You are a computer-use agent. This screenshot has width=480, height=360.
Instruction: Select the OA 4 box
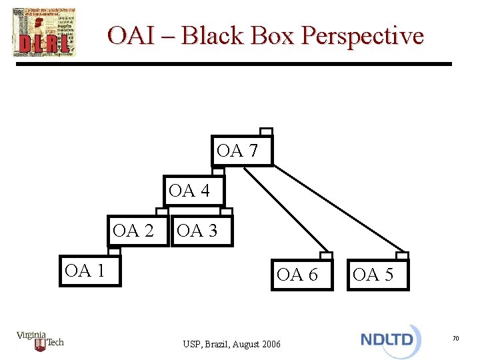(x=194, y=191)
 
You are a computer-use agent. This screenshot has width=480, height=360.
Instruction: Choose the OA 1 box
(x=89, y=271)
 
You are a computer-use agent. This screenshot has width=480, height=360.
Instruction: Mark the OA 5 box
(x=377, y=274)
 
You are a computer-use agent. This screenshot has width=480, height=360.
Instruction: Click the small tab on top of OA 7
(x=266, y=131)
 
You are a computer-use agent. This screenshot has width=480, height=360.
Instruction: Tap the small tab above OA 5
(x=402, y=255)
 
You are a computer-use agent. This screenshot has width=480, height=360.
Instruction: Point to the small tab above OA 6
(x=325, y=255)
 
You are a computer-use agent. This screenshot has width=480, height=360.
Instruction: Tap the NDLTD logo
(x=390, y=339)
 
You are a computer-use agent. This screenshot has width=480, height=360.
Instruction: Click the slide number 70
(x=455, y=339)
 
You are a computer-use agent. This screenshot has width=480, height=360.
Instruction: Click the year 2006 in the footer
(x=271, y=344)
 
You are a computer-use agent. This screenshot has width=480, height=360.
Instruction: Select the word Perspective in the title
(x=362, y=35)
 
